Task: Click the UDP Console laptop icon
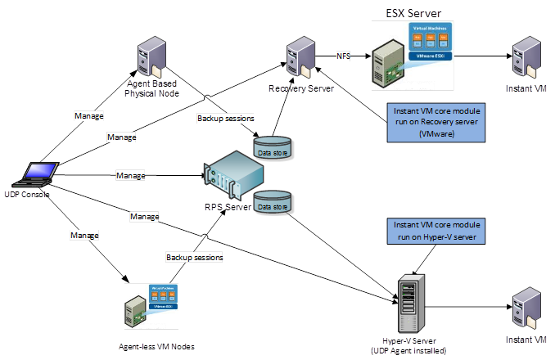pyautogui.click(x=38, y=174)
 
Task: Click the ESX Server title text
pyautogui.click(x=414, y=13)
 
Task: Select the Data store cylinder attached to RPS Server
pyautogui.click(x=272, y=203)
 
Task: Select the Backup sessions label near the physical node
pyautogui.click(x=225, y=118)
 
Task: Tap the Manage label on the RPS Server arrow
pyautogui.click(x=131, y=175)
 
